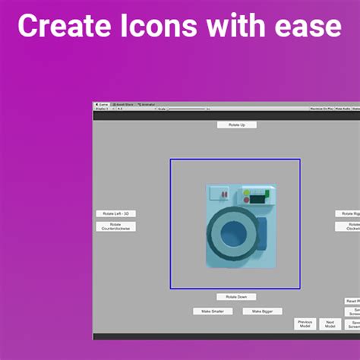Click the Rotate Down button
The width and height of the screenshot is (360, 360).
[x=236, y=296]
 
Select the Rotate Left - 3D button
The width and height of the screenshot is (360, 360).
[x=115, y=213]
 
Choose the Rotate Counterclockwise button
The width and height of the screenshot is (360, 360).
[x=115, y=226]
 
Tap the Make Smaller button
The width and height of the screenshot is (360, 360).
[x=212, y=311]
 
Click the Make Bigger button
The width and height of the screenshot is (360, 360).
[x=262, y=311]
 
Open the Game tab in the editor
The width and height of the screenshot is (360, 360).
[x=103, y=104]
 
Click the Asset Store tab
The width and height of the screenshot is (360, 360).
[x=124, y=104]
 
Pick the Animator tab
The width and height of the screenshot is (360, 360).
[x=147, y=104]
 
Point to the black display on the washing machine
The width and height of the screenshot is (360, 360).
[x=257, y=199]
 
